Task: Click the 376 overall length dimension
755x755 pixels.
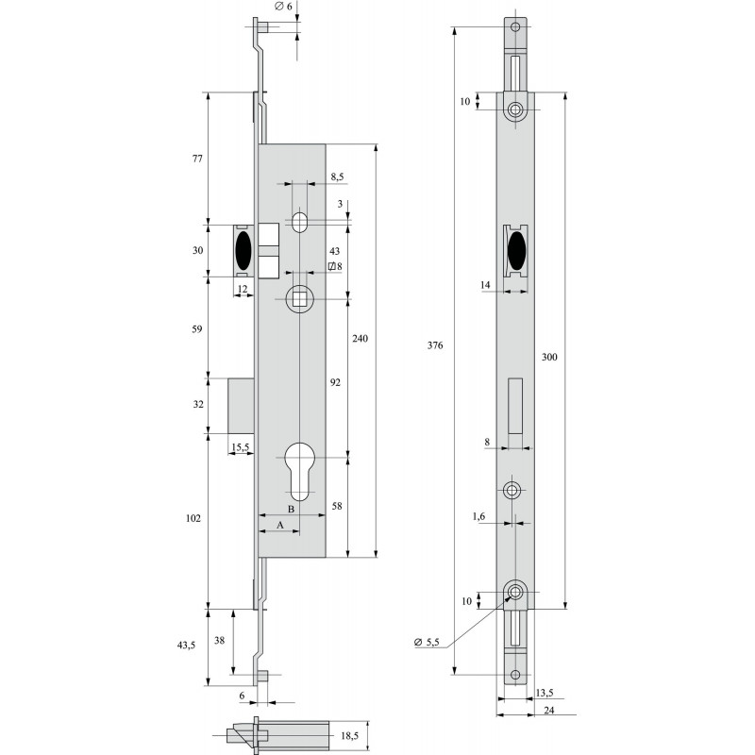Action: (x=435, y=345)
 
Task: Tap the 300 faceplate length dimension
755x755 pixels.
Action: (x=549, y=357)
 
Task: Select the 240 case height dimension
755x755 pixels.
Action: (x=360, y=339)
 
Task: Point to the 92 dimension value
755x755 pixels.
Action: (x=335, y=382)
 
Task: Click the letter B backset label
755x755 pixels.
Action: (x=291, y=509)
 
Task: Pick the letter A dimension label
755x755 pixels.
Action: (x=279, y=525)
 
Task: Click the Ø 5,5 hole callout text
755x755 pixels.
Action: (x=427, y=642)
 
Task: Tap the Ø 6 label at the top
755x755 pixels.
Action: (x=283, y=7)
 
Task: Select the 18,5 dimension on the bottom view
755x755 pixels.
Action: (x=349, y=736)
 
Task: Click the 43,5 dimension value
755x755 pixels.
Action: (x=186, y=646)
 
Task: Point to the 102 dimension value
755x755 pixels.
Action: (x=193, y=518)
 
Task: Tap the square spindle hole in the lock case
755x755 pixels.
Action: (x=299, y=299)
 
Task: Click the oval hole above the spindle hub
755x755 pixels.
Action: (x=299, y=221)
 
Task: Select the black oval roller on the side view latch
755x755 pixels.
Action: (x=243, y=250)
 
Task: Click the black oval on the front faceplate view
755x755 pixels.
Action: (x=515, y=250)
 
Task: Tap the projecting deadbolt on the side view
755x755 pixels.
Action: (x=242, y=406)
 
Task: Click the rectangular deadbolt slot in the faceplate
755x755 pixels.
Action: (x=515, y=406)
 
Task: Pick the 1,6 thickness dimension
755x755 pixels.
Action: (x=478, y=516)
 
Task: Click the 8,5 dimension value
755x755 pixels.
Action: (x=337, y=176)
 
